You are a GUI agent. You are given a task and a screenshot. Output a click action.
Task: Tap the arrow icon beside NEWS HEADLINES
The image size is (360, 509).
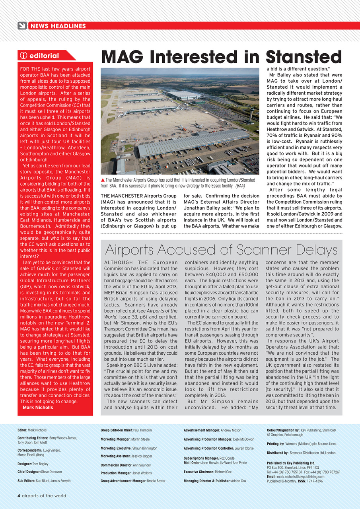click(22, 26)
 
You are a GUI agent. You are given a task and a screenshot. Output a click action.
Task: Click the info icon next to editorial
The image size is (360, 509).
click(23, 56)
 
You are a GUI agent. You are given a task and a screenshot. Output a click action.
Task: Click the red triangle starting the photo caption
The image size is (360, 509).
click(103, 180)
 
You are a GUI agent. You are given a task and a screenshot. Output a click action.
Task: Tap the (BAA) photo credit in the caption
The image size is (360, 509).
click(240, 186)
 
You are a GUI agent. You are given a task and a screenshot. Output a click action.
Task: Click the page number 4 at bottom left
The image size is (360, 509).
click(19, 495)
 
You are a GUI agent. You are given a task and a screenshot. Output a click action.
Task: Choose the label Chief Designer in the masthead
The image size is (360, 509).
click(29, 472)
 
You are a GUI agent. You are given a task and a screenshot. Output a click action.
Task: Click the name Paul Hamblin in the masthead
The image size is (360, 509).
click(142, 430)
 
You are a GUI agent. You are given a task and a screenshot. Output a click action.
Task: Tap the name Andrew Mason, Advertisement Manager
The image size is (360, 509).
click(231, 430)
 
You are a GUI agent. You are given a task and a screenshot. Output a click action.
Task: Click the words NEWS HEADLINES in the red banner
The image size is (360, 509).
click(58, 26)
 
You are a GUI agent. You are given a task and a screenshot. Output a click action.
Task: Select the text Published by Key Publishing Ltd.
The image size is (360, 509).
click(291, 463)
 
